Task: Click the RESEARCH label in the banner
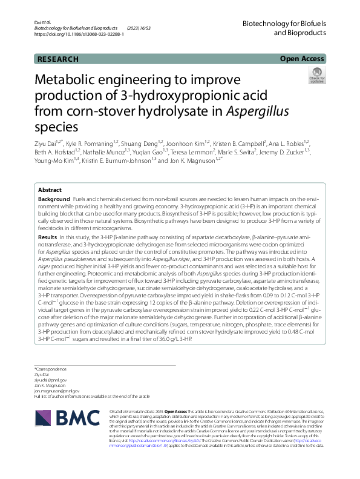[x=58, y=59]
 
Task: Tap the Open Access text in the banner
[x=302, y=59]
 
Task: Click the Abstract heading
[x=50, y=190]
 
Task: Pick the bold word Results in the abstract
[x=48, y=238]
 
